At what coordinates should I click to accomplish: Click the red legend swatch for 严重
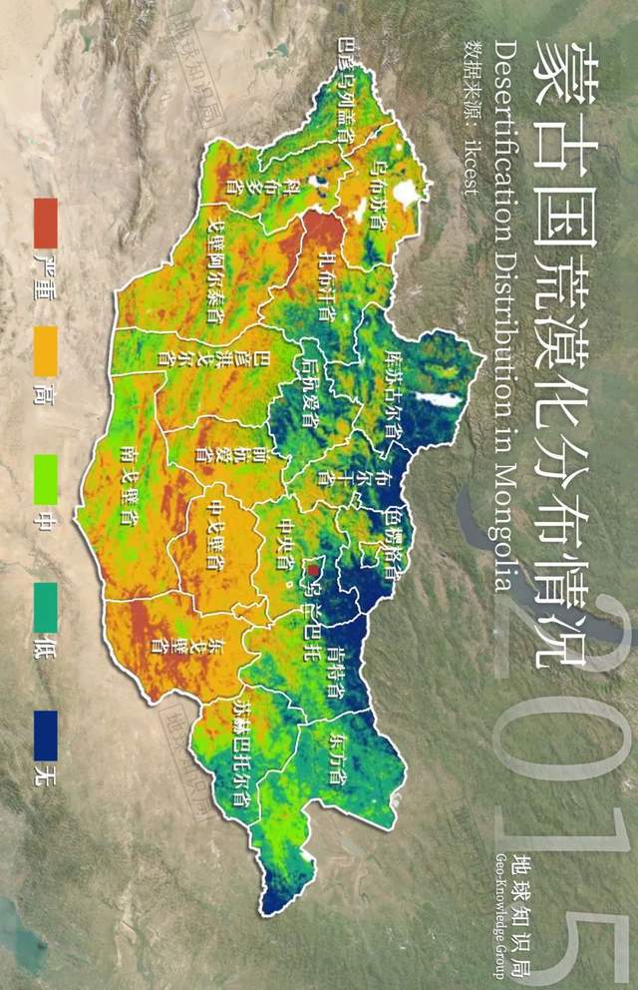(x=46, y=224)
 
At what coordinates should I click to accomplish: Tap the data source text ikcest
(x=462, y=170)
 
